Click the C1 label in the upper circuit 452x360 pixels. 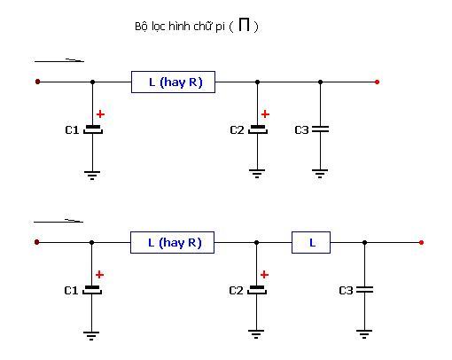point(72,130)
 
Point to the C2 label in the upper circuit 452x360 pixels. point(237,130)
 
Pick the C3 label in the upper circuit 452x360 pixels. point(301,130)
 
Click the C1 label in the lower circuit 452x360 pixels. point(71,291)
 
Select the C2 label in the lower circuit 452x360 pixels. point(236,291)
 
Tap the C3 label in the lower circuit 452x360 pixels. point(346,291)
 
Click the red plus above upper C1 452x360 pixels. point(100,114)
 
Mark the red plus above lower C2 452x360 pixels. point(264,275)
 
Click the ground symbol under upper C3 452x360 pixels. point(320,174)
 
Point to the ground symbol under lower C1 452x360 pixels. point(91,336)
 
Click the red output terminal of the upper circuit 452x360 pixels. point(377,82)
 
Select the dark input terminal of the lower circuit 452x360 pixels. point(36,242)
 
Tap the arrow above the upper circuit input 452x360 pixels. point(59,61)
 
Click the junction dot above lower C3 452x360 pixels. point(364,243)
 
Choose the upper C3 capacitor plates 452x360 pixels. point(320,129)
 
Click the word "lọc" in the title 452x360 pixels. point(159,27)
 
